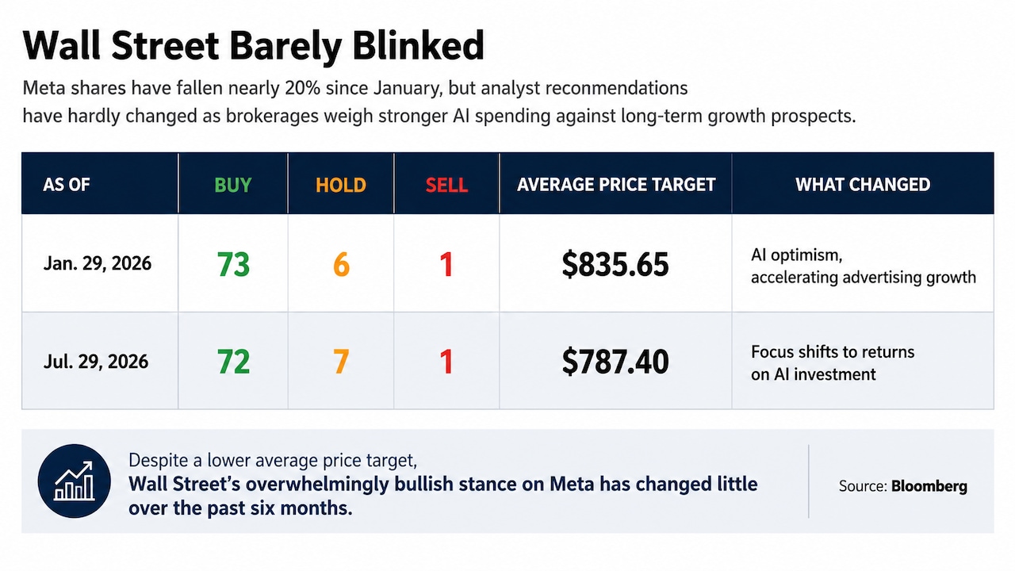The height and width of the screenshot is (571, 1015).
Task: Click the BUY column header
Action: (x=233, y=185)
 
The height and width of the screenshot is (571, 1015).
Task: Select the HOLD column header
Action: (x=341, y=185)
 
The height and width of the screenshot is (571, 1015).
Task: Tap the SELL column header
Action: (x=446, y=185)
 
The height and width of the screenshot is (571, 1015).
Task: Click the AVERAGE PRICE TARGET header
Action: (x=616, y=185)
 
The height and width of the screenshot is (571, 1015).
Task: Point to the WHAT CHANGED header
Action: (x=863, y=185)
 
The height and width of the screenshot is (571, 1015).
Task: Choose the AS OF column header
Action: (x=67, y=185)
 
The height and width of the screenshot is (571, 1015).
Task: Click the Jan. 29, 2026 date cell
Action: (x=98, y=263)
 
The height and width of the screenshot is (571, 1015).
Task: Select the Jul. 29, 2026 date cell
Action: (x=96, y=361)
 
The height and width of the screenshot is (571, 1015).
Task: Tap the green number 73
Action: (x=233, y=264)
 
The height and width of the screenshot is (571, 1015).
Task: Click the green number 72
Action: (x=233, y=361)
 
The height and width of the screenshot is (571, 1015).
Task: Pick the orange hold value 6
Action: (x=341, y=265)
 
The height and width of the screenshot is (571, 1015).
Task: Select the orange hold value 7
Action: (x=341, y=361)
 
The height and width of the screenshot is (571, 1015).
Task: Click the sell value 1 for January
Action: (x=446, y=264)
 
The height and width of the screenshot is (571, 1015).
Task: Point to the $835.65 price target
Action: (x=615, y=264)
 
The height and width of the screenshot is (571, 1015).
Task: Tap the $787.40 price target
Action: (x=615, y=361)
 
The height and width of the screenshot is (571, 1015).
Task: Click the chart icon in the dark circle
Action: (x=74, y=481)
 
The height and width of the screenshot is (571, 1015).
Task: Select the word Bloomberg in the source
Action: (x=929, y=486)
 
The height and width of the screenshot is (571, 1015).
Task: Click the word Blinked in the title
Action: (x=418, y=45)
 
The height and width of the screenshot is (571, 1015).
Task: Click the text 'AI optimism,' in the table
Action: (x=797, y=255)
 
